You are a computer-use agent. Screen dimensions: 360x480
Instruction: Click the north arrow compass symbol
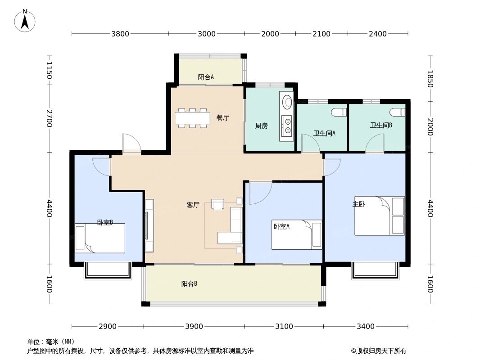click(25, 20)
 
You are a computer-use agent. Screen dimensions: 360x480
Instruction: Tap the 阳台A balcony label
click(206, 77)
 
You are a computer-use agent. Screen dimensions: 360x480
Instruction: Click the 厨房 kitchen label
click(261, 126)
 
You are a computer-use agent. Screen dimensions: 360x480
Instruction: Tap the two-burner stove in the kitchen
click(286, 126)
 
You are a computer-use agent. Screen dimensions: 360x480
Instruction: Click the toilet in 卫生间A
click(337, 111)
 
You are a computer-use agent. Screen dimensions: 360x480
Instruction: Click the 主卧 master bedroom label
click(358, 204)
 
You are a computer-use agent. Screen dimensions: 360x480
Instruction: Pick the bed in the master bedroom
click(379, 216)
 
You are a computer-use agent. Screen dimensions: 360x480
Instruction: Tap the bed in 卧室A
click(296, 234)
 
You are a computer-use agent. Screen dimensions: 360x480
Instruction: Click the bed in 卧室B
click(100, 238)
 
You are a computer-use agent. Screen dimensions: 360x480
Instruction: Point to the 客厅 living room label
click(193, 205)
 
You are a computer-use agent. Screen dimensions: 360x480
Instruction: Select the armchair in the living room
click(218, 205)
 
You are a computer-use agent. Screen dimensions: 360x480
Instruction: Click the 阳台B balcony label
click(189, 283)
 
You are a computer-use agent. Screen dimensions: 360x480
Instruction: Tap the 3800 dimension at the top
click(120, 34)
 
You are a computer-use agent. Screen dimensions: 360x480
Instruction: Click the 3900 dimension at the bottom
click(194, 326)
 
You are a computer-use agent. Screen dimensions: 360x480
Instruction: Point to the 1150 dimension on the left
click(49, 71)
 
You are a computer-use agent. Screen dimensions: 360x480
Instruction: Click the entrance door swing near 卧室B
click(131, 143)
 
